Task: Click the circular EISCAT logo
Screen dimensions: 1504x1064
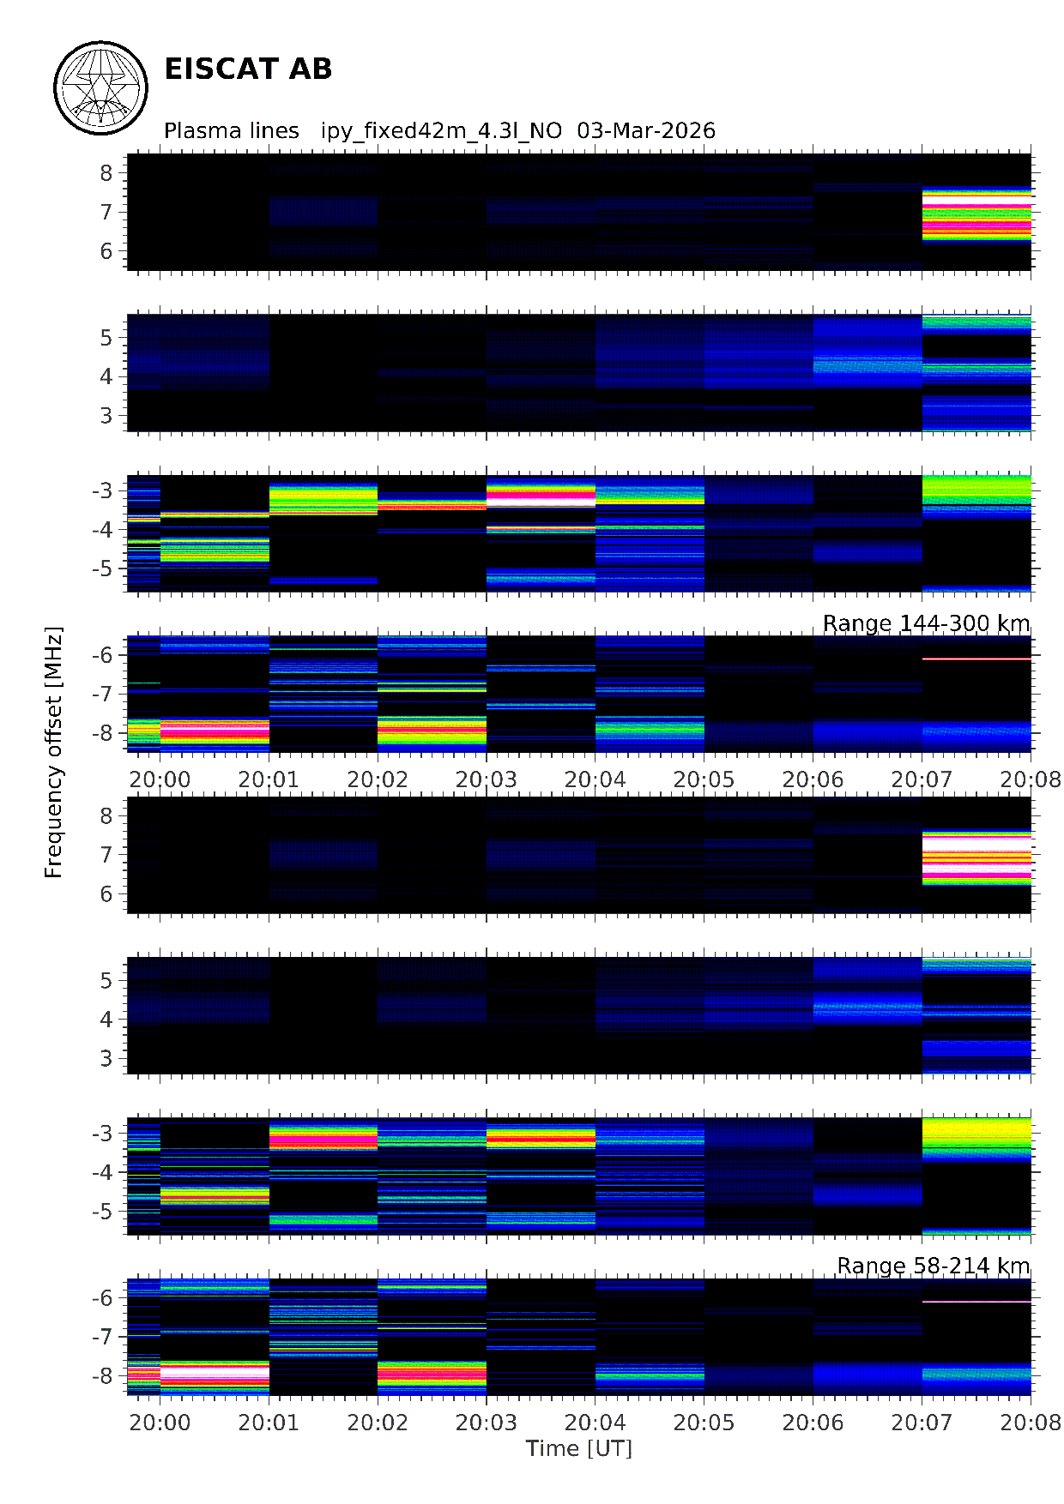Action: pos(101,87)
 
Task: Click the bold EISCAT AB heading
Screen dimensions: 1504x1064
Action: pos(248,69)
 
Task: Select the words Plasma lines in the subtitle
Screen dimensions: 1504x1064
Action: pos(232,131)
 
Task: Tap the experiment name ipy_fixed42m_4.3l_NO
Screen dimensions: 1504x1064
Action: pos(441,131)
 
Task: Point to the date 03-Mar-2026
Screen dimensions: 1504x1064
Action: pos(646,131)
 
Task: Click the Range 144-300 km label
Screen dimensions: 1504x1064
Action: pos(926,623)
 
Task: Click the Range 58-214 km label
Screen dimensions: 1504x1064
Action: pos(933,1266)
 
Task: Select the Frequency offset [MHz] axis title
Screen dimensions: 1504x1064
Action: pos(54,753)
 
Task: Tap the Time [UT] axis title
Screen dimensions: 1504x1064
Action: pos(579,1448)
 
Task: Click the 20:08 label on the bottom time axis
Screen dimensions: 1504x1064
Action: pos(1031,1423)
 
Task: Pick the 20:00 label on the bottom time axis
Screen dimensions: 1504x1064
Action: pos(160,1423)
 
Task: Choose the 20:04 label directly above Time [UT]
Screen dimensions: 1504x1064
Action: pos(595,1423)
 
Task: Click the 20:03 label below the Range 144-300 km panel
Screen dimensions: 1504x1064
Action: pos(487,779)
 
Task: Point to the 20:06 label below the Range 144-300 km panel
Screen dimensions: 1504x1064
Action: pos(813,779)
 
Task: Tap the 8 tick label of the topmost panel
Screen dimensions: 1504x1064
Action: pos(106,173)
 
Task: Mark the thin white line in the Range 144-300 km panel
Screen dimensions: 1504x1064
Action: pos(976,659)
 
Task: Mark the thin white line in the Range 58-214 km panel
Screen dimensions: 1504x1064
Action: pos(976,1302)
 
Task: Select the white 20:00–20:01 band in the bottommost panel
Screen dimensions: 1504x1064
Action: pos(215,1373)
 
